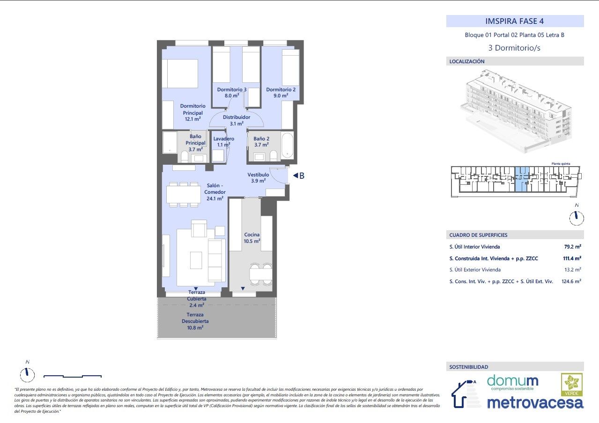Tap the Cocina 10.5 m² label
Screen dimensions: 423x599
point(251,238)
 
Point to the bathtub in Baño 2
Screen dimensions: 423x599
point(288,146)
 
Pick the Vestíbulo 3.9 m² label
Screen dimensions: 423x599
point(258,177)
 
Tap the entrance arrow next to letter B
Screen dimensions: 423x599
point(296,176)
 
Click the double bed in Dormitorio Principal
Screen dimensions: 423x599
point(180,73)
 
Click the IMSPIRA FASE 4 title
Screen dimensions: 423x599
point(515,21)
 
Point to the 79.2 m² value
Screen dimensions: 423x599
point(572,247)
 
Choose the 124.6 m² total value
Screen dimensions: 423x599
point(571,281)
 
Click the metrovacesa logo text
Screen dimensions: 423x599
point(535,402)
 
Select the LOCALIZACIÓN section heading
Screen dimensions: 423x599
point(467,61)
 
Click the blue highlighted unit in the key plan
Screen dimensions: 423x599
point(523,180)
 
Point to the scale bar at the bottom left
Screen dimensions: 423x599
point(73,376)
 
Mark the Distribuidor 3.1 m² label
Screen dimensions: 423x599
point(236,120)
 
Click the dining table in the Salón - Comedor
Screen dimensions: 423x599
point(183,194)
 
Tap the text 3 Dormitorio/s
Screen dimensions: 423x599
point(515,48)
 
